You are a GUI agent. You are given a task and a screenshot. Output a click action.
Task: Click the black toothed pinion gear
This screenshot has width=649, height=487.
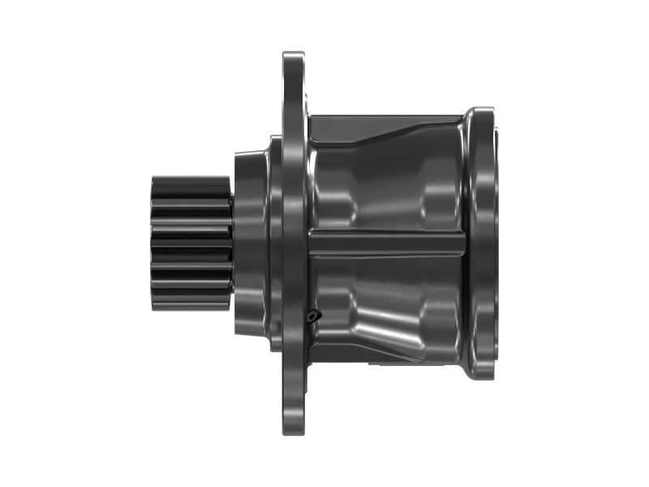coord(191,243)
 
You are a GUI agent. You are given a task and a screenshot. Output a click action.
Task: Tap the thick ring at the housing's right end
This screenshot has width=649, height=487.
coord(483,243)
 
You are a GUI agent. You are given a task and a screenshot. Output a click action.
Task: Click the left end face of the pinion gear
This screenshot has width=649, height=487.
coord(153,243)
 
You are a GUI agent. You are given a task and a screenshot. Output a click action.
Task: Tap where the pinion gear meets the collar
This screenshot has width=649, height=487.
coord(233,243)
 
